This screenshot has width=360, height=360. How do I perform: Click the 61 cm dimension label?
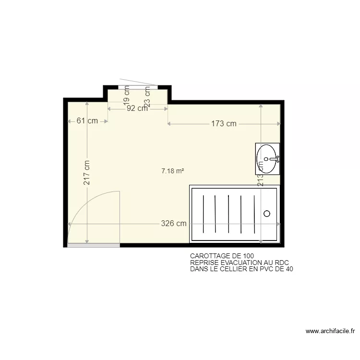coord(87,121)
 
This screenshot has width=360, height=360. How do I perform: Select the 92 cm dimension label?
coord(137,108)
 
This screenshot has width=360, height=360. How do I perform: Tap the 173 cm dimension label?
coord(224,124)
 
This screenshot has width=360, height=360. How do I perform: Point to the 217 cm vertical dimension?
coord(87,173)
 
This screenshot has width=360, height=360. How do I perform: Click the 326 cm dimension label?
coord(174,224)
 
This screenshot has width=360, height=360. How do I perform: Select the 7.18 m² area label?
coord(173,170)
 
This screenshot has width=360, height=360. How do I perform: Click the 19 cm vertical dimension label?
coord(127,95)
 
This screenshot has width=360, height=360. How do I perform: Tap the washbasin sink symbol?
coord(267,159)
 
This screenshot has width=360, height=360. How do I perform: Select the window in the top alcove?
coord(138,87)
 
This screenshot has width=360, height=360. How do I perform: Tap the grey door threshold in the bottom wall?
coord(94,245)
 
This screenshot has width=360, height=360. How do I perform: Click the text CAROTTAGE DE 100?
coord(222,256)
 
